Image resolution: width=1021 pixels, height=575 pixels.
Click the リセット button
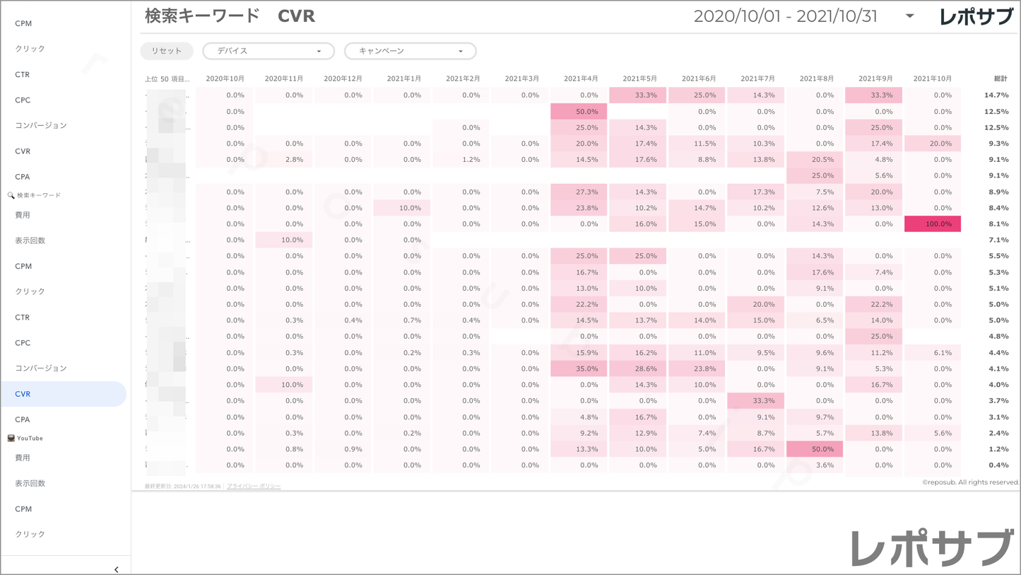point(167,51)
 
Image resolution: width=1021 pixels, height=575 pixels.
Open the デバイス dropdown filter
point(268,51)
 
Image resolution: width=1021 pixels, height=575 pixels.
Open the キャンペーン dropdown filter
point(410,51)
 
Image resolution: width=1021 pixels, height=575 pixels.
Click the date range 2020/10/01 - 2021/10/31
point(785,16)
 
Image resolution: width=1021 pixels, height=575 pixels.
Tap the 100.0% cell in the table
point(933,224)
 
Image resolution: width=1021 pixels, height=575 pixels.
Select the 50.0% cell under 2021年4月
point(579,112)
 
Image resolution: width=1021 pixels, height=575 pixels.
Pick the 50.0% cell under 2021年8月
point(815,449)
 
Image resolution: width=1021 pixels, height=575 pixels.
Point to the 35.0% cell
point(579,368)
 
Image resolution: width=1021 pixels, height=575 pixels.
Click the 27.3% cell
point(579,192)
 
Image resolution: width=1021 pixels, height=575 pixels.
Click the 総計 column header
point(1000,79)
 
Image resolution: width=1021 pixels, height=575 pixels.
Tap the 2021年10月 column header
point(932,79)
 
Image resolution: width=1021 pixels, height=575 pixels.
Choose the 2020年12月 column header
point(343,79)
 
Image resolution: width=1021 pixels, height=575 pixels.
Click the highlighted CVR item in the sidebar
point(64,394)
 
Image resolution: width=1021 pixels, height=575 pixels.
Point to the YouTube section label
point(30,438)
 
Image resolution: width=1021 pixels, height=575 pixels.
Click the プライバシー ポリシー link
point(254,487)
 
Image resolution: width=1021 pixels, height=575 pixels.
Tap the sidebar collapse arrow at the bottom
point(116,569)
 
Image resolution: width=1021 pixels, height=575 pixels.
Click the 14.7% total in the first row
point(996,95)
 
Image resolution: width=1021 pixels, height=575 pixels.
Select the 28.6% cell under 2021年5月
point(638,368)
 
